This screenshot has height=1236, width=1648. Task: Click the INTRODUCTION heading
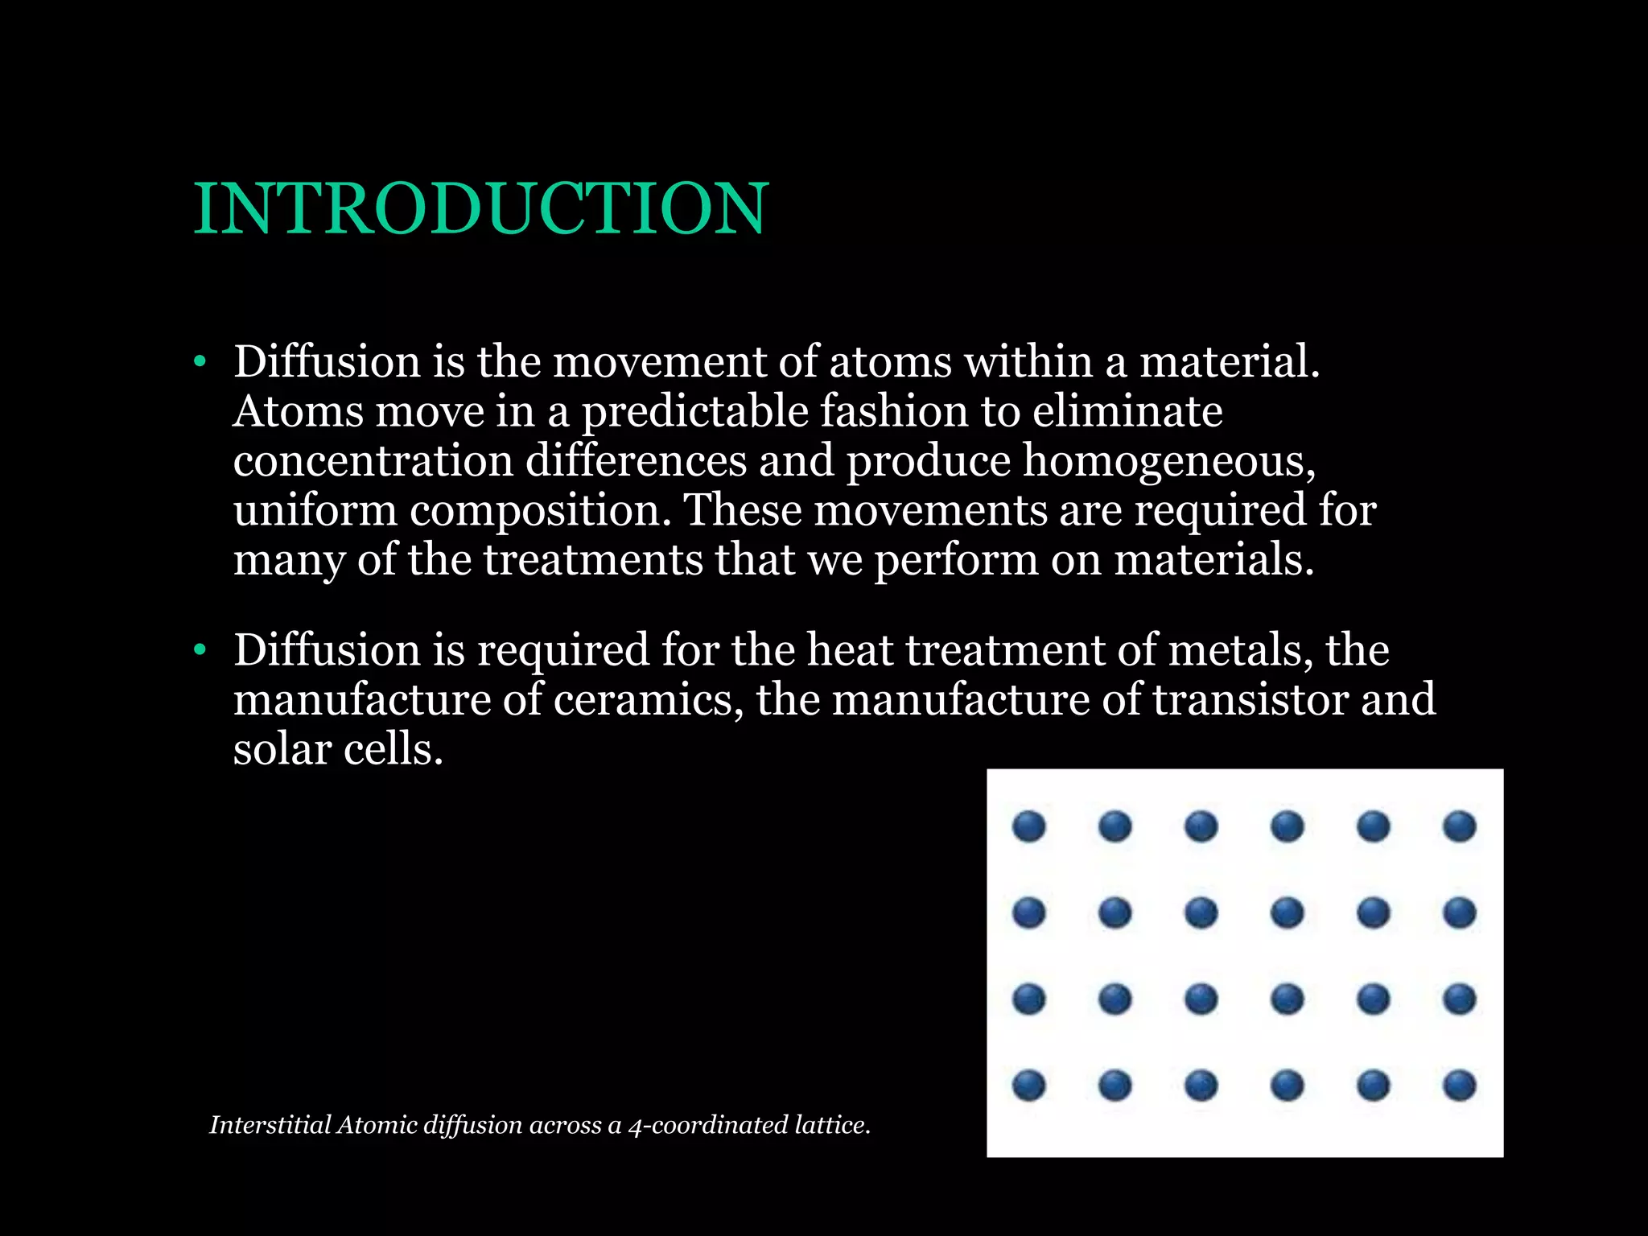[x=481, y=209]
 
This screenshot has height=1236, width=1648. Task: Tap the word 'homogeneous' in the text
[x=1168, y=462]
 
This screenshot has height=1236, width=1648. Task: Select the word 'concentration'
[x=373, y=462]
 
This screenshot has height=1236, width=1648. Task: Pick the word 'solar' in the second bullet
[x=282, y=749]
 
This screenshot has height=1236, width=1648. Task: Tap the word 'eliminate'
[x=1127, y=412]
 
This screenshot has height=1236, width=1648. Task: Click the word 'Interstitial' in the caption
[x=270, y=1125]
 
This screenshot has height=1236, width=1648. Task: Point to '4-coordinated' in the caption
[x=708, y=1125]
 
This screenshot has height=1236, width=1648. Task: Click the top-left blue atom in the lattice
[x=1028, y=826]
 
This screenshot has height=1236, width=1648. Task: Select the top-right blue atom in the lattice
[x=1459, y=826]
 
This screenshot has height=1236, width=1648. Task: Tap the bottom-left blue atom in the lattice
[x=1028, y=1085]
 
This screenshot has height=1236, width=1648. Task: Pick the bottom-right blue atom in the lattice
[x=1459, y=1085]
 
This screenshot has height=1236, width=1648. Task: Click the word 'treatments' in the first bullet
[x=593, y=561]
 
